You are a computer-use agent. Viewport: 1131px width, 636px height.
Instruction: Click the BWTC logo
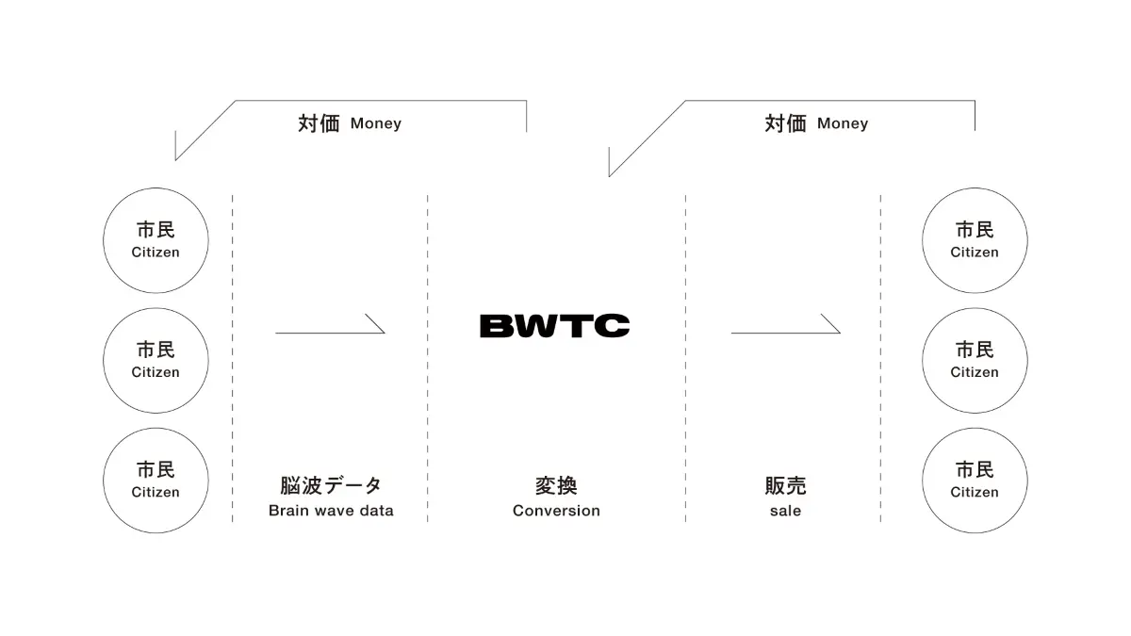click(x=554, y=326)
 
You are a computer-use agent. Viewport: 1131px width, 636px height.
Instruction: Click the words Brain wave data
click(x=331, y=511)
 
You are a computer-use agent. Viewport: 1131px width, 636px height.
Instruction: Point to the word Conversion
click(x=556, y=511)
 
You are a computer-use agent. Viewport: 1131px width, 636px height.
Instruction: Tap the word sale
click(x=786, y=511)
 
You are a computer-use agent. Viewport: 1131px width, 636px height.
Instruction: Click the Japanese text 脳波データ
click(x=331, y=485)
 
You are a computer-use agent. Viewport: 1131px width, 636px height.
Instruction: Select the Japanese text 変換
click(x=556, y=485)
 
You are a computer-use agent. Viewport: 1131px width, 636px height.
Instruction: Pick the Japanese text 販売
click(x=786, y=485)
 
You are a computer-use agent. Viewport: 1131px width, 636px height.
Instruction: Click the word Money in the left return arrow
click(x=376, y=123)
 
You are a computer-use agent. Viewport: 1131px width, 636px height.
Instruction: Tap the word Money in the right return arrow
click(x=843, y=123)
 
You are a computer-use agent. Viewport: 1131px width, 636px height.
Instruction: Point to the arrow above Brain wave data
click(x=330, y=333)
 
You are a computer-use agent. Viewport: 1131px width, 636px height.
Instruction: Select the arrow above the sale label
click(x=786, y=333)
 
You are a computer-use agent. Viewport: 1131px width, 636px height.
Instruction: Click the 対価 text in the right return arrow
click(x=786, y=123)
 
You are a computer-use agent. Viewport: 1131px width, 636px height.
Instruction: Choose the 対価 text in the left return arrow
click(x=319, y=123)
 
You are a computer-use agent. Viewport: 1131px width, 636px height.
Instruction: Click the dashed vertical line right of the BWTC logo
click(x=686, y=358)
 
